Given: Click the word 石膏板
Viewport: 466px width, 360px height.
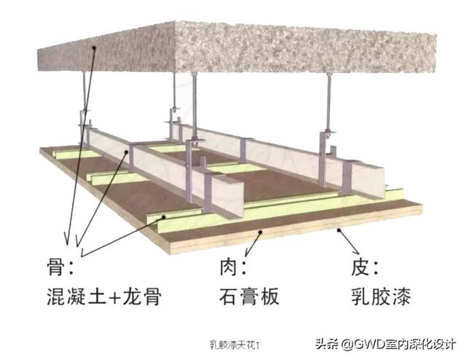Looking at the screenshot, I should [x=248, y=297].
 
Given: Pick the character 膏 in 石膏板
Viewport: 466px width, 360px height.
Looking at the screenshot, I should [x=248, y=297].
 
